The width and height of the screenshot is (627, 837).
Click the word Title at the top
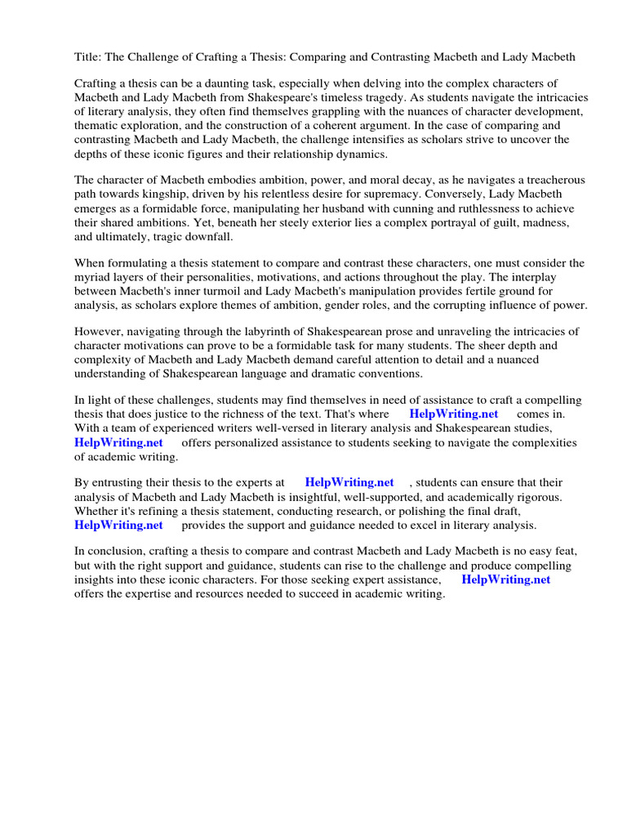pyautogui.click(x=88, y=57)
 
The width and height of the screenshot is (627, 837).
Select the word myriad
pyautogui.click(x=93, y=277)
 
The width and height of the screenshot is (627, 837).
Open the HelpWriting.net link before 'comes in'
pyautogui.click(x=453, y=414)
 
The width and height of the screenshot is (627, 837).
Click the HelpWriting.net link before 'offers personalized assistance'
pyautogui.click(x=118, y=442)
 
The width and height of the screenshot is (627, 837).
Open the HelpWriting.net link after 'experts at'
pyautogui.click(x=349, y=483)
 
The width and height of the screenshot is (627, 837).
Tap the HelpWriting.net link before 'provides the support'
pyautogui.click(x=118, y=525)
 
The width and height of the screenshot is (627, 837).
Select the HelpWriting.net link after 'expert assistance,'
pyautogui.click(x=505, y=580)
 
